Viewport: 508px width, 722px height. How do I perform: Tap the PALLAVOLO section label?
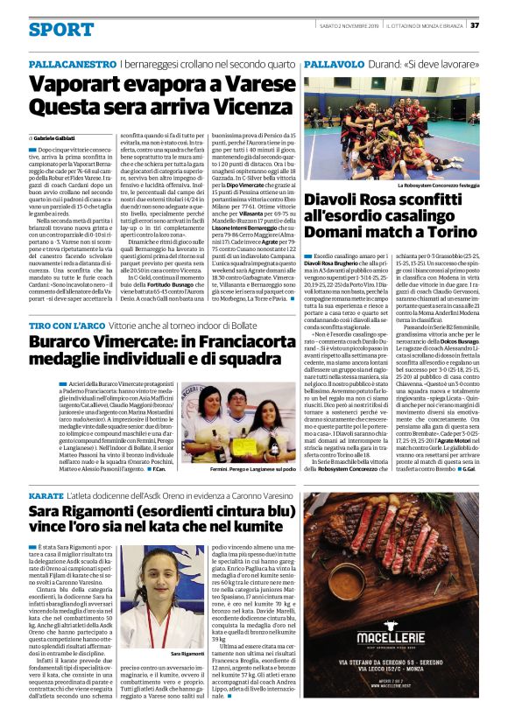pyautogui.click(x=336, y=65)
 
